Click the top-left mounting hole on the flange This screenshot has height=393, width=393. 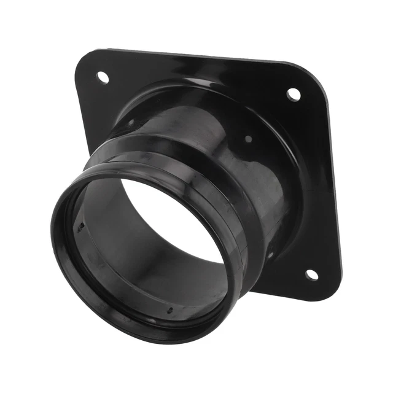point(103,77)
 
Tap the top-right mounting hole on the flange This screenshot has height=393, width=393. point(294,95)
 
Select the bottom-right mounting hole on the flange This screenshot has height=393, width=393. point(311,274)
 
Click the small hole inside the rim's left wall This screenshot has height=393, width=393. point(81,228)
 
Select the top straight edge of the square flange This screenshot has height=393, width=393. point(203,56)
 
